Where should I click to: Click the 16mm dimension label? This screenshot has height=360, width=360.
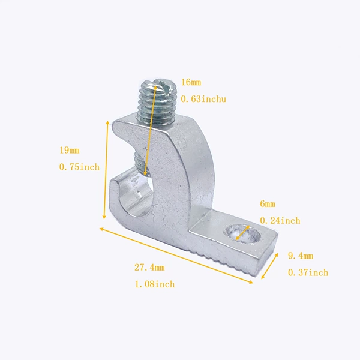pos(191,82)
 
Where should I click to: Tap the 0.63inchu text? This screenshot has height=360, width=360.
pos(203,99)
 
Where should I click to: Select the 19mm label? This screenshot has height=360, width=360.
pos(70,151)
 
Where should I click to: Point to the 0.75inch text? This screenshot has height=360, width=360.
pos(79,167)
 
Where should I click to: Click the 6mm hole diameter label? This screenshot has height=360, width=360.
pos(268,203)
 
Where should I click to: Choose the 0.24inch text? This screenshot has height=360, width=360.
pos(280,221)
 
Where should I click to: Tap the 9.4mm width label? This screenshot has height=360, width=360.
pos(301,256)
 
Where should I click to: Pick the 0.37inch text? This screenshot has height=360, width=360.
pos(308,272)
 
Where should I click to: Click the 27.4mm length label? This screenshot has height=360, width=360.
pos(149,268)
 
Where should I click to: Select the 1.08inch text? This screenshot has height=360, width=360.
pos(155,284)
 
